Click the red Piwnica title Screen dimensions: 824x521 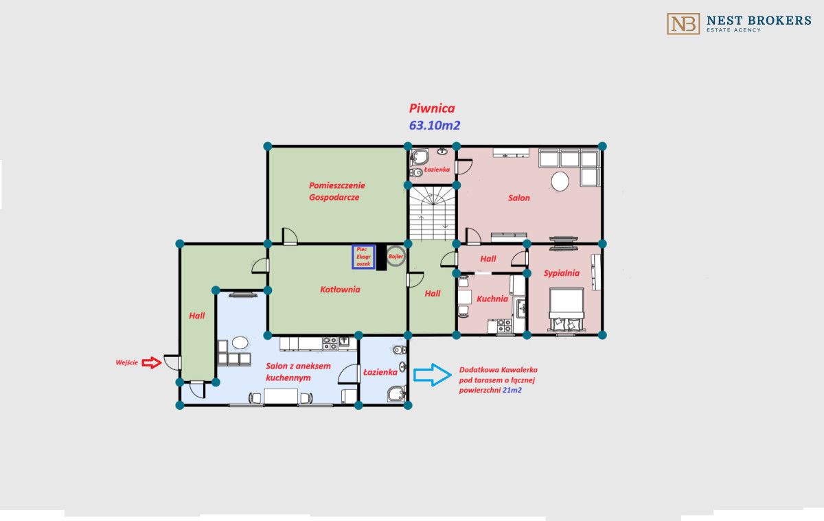click(432, 108)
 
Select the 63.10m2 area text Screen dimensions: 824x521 click(435, 126)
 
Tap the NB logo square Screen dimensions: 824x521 click(683, 24)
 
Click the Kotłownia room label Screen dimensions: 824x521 click(340, 290)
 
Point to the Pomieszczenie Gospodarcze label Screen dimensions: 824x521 click(336, 192)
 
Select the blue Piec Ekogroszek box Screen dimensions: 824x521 click(363, 257)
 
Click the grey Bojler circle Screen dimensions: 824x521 click(396, 256)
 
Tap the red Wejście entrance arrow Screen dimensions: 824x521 click(152, 362)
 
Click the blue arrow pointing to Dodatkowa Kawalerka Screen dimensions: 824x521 click(432, 375)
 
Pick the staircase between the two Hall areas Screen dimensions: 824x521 click(432, 213)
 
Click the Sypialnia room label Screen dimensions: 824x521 click(562, 273)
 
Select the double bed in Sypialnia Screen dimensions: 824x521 click(566, 309)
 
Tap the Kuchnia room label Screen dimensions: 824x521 click(492, 299)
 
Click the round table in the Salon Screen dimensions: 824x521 click(560, 181)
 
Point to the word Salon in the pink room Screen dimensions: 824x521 click(519, 198)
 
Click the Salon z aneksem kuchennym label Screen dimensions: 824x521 click(298, 372)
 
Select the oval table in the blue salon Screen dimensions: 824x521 click(240, 343)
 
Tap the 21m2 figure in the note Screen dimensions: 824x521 click(512, 391)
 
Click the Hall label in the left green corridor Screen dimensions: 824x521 click(197, 316)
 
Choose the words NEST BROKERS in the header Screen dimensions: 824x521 click(759, 20)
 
